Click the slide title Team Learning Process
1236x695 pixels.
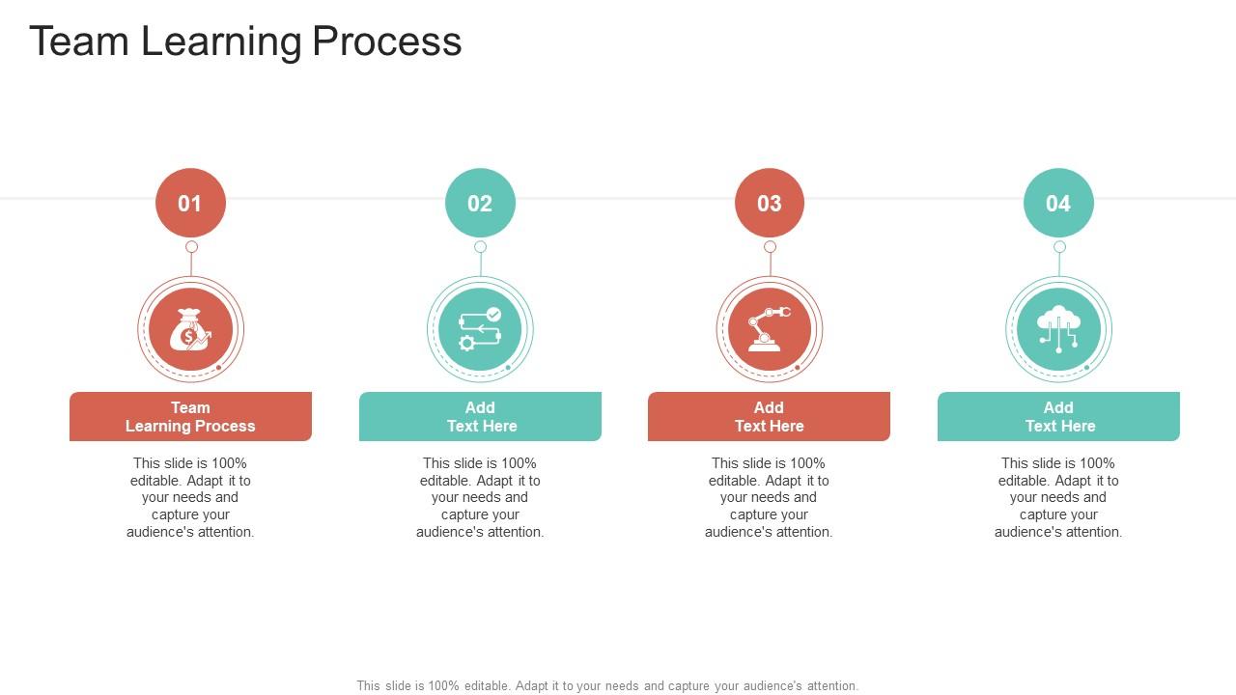245,42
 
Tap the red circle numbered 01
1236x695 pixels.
190,203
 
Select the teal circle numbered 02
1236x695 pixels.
480,203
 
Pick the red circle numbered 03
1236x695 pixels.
770,203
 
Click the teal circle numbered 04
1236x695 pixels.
1058,203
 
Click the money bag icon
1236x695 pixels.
190,330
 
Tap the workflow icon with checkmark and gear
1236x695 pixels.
480,330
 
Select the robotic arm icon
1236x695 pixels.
770,330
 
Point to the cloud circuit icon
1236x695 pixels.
1058,330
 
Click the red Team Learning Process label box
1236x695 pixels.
190,417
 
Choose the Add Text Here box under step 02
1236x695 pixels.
480,417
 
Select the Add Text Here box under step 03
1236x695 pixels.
769,417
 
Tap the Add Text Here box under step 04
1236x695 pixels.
1058,417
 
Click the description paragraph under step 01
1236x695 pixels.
190,497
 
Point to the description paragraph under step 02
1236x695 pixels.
480,497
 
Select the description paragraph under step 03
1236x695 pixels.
769,497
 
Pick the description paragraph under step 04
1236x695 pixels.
1058,497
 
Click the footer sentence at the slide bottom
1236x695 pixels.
607,685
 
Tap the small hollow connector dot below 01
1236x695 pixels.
191,247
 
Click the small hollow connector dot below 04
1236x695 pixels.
1059,247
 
